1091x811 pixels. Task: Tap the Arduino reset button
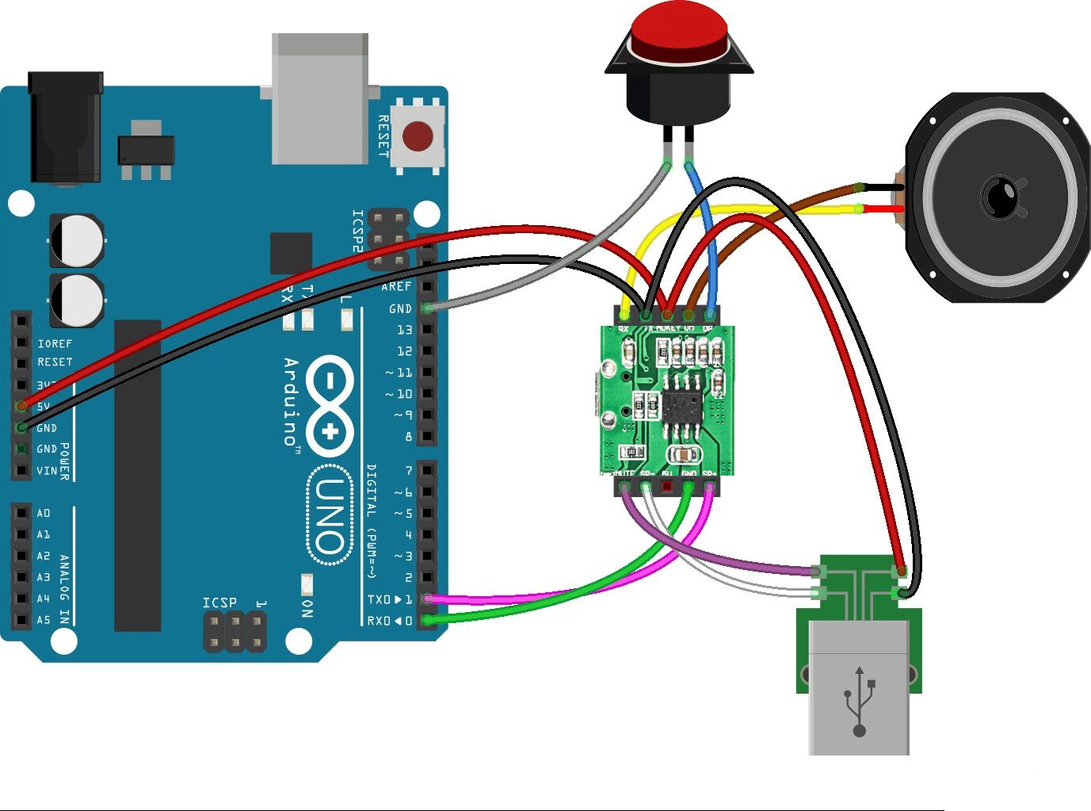pos(418,136)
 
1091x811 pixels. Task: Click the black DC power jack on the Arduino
pos(65,127)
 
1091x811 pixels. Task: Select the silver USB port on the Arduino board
pos(320,98)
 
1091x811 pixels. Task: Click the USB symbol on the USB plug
pos(859,701)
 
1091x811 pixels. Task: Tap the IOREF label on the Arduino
pos(55,343)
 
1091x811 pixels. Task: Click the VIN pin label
pos(47,471)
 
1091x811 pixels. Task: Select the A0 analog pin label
pos(43,513)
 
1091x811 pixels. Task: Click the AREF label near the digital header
pos(396,286)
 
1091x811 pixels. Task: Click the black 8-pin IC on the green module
pos(681,409)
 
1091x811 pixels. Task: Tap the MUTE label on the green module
pos(625,473)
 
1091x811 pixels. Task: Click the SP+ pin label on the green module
pos(709,473)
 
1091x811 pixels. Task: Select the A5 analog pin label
pos(43,620)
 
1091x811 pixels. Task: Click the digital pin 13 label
pos(404,330)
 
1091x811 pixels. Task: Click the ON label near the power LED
pos(307,608)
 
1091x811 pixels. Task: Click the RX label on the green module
pos(624,327)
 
